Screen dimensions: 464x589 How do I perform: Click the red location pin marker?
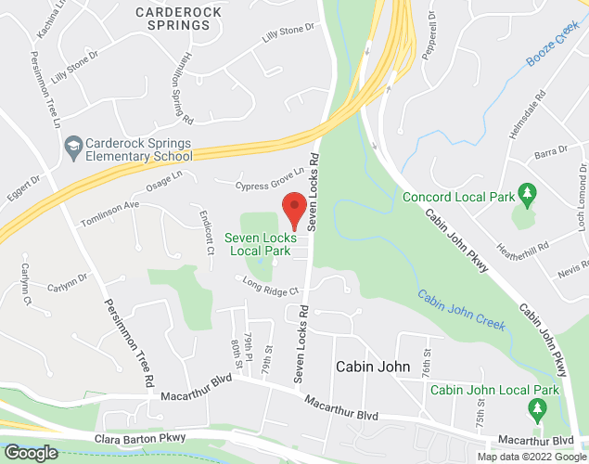[294, 210]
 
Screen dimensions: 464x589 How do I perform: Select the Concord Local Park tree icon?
[527, 193]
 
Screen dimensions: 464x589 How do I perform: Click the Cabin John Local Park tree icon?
[535, 408]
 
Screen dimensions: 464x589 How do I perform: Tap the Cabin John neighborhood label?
[372, 367]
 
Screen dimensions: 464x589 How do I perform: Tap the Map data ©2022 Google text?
[531, 457]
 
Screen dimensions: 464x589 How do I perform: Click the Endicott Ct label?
[206, 237]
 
